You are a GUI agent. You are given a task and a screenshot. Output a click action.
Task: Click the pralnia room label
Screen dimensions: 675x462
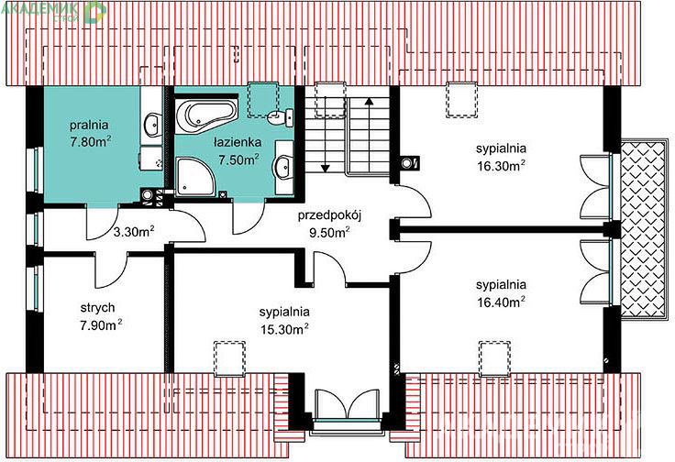coord(89,126)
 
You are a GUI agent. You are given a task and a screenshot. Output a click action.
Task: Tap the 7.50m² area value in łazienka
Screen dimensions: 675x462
coord(239,159)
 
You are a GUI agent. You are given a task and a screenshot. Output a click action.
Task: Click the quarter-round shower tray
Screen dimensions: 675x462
coord(195,176)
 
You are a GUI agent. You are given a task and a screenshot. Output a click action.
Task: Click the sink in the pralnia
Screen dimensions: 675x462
coord(152,125)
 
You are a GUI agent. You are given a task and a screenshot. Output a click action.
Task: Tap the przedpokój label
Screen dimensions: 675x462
coord(329,214)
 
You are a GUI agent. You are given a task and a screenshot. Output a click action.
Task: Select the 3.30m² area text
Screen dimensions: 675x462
coord(134,232)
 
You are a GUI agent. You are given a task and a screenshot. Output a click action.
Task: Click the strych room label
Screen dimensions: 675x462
coord(98,308)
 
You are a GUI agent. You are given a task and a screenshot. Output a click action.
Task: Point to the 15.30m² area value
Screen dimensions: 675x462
coord(284,329)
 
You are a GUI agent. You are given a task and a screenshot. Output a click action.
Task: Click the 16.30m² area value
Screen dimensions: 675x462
coord(501,166)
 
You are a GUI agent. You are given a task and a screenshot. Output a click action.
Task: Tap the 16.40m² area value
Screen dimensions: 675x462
coord(501,302)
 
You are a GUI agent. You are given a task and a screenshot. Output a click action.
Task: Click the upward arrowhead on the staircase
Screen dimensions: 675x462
coord(369,102)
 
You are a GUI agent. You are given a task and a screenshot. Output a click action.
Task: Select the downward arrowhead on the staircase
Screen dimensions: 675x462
coord(325,168)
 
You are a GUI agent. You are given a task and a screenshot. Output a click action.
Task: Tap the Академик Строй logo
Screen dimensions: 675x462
coord(54,12)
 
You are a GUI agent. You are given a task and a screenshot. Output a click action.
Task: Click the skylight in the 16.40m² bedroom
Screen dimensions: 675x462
coord(495,358)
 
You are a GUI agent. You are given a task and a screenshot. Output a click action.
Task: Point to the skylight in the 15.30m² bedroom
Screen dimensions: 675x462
coord(230,358)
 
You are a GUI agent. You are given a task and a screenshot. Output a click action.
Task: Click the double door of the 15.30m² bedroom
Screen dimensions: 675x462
coord(347,403)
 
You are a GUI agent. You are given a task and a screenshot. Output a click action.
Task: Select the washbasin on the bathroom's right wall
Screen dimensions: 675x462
coord(282,166)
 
